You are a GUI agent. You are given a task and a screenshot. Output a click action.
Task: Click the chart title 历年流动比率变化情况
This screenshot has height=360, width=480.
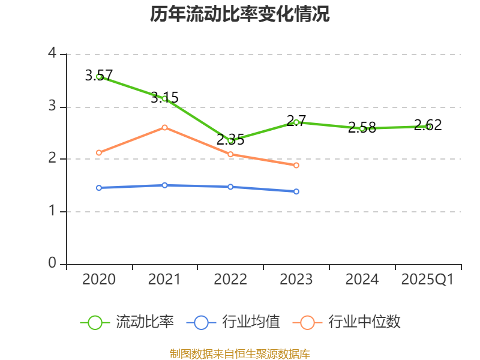pos(240,14)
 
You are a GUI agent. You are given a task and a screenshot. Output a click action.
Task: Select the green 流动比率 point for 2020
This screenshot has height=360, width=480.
pos(98,76)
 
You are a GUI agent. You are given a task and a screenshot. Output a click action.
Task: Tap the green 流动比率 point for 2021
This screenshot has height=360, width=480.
pos(164,98)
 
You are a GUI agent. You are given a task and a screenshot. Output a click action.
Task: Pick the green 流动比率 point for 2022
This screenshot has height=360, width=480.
pos(230,140)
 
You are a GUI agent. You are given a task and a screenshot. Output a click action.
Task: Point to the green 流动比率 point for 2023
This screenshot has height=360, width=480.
pos(296,122)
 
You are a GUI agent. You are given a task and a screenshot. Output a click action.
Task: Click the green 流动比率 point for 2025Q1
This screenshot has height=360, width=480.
pos(428,126)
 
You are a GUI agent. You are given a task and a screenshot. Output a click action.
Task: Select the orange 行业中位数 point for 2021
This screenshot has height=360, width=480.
pos(164,127)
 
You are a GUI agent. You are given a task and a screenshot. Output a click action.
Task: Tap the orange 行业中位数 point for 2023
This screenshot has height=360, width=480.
pos(296,165)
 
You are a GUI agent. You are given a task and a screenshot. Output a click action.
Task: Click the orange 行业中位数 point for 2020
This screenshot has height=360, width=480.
pos(98,152)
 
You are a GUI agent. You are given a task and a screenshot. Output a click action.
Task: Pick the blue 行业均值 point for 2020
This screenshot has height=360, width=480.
pos(98,188)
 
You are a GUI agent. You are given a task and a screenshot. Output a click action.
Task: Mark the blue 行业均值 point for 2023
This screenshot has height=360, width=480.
pos(296,191)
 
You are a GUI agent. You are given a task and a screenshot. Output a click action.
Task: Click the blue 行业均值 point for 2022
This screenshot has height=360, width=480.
pos(230,187)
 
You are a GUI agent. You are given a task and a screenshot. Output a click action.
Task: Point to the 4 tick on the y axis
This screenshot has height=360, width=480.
pos(52,53)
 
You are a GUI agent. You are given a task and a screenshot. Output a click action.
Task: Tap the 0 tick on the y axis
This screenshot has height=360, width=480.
pos(52,263)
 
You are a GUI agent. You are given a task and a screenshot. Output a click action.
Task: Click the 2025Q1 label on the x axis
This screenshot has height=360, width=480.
pos(428,280)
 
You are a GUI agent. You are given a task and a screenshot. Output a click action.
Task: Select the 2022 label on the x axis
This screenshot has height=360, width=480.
pos(230,280)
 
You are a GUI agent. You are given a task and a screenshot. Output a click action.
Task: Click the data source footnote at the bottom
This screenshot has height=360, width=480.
pos(240,353)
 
